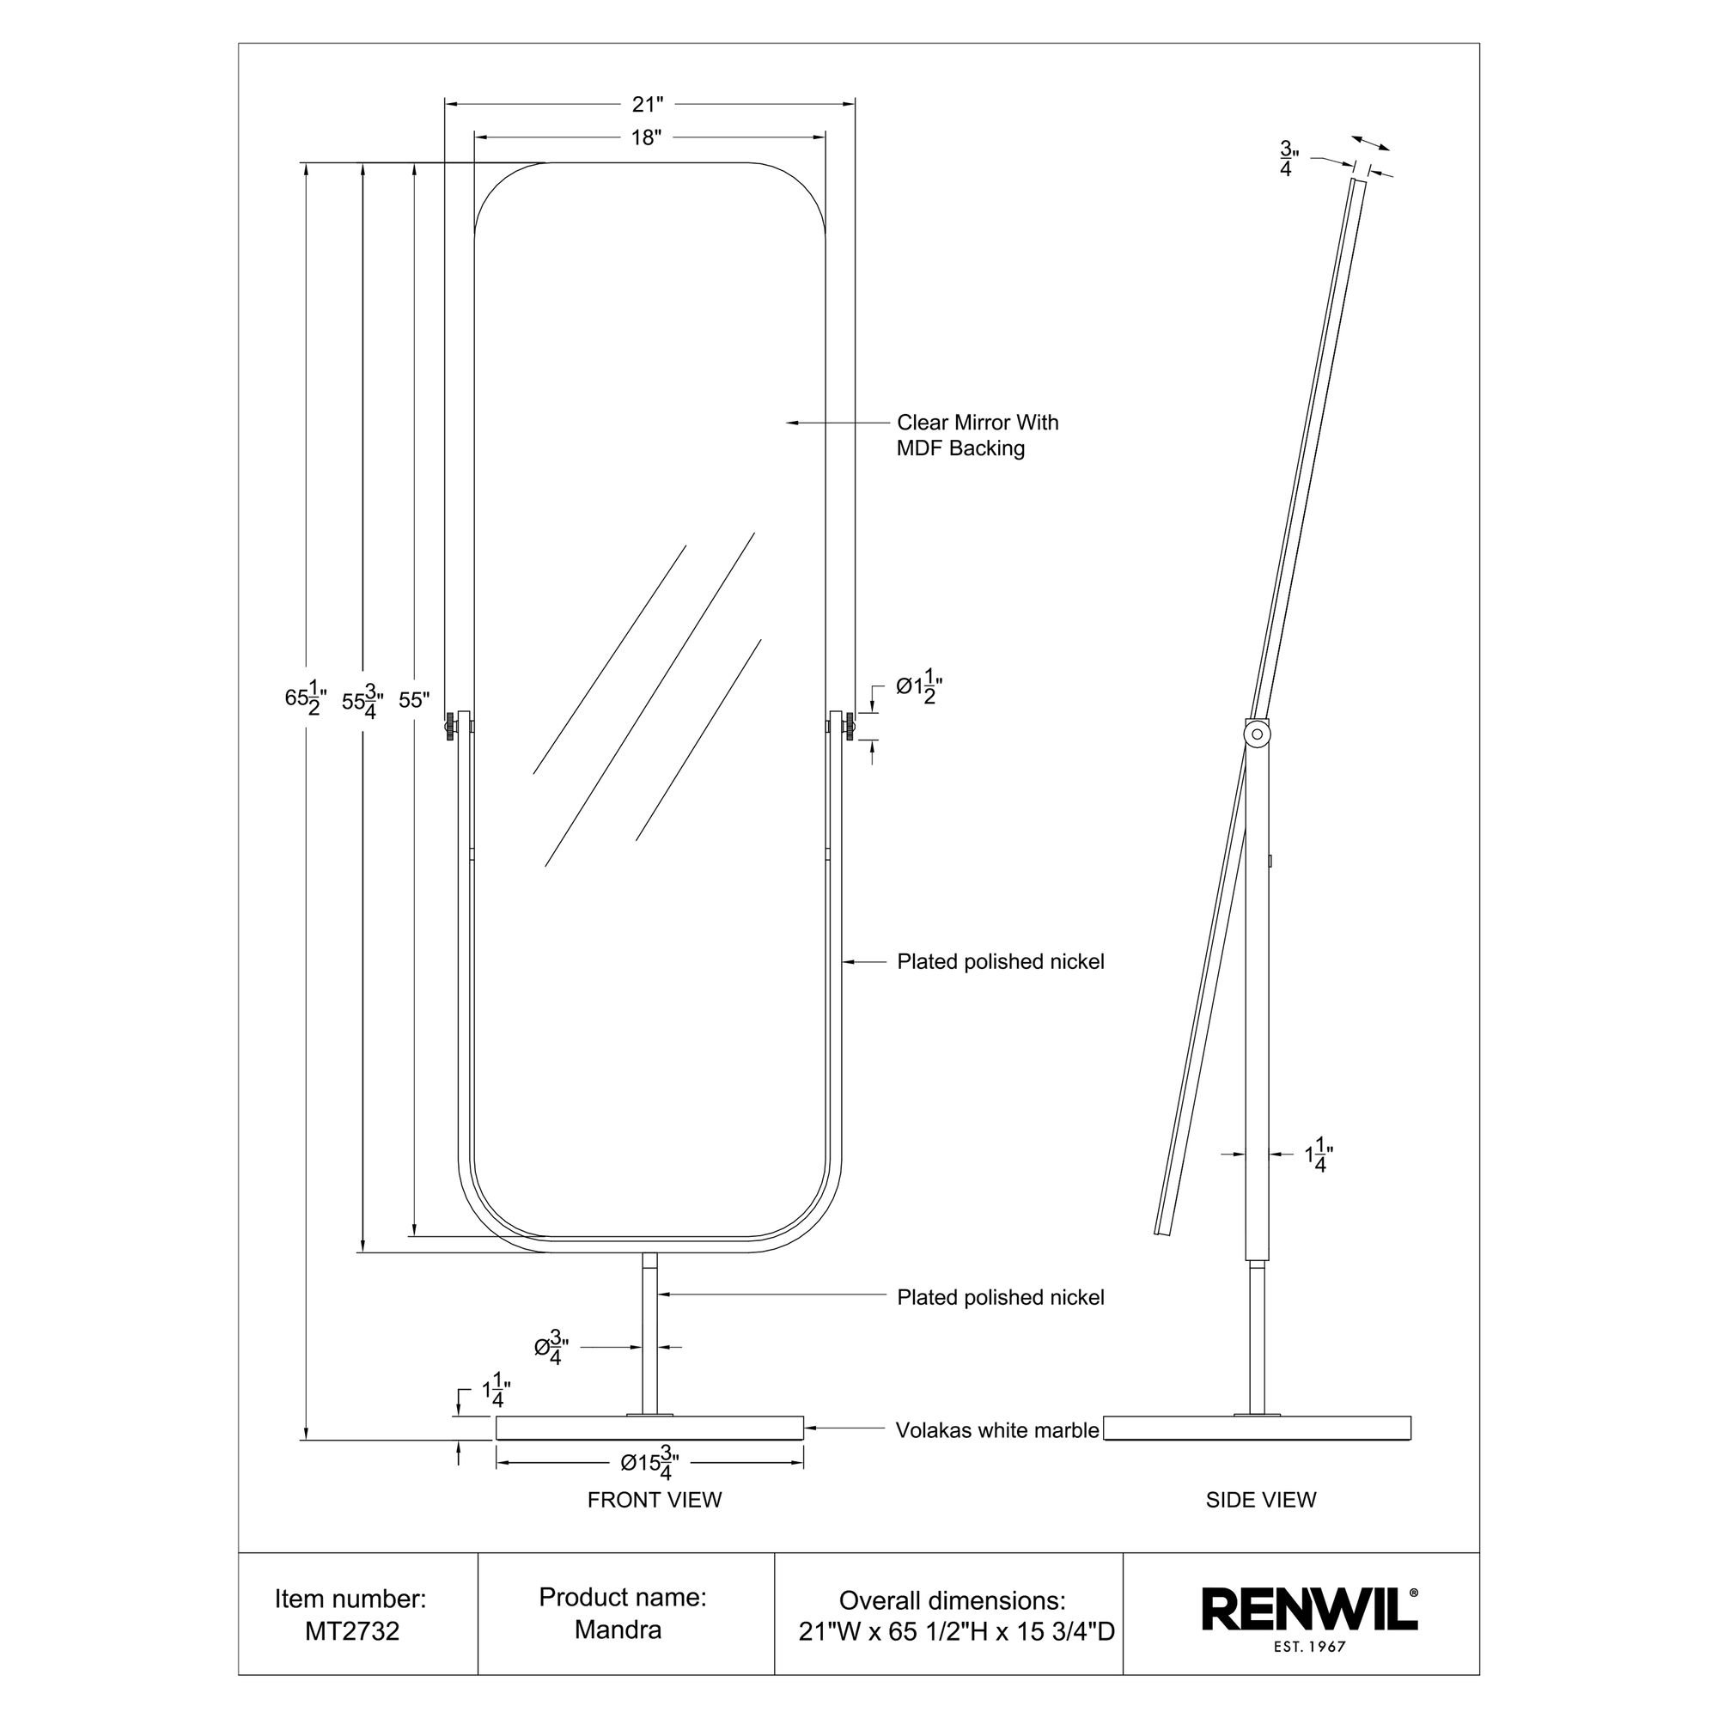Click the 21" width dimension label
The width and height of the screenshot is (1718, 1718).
click(648, 105)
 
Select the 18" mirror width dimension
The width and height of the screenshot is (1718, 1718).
click(648, 137)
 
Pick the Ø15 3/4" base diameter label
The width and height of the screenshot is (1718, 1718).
click(650, 1462)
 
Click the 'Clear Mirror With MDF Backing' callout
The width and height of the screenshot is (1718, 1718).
click(977, 435)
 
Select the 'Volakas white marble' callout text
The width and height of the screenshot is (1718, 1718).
click(996, 1430)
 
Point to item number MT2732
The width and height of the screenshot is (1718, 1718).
click(352, 1631)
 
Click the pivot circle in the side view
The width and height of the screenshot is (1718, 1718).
click(1257, 734)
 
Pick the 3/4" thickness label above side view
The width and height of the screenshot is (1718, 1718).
click(1286, 158)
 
